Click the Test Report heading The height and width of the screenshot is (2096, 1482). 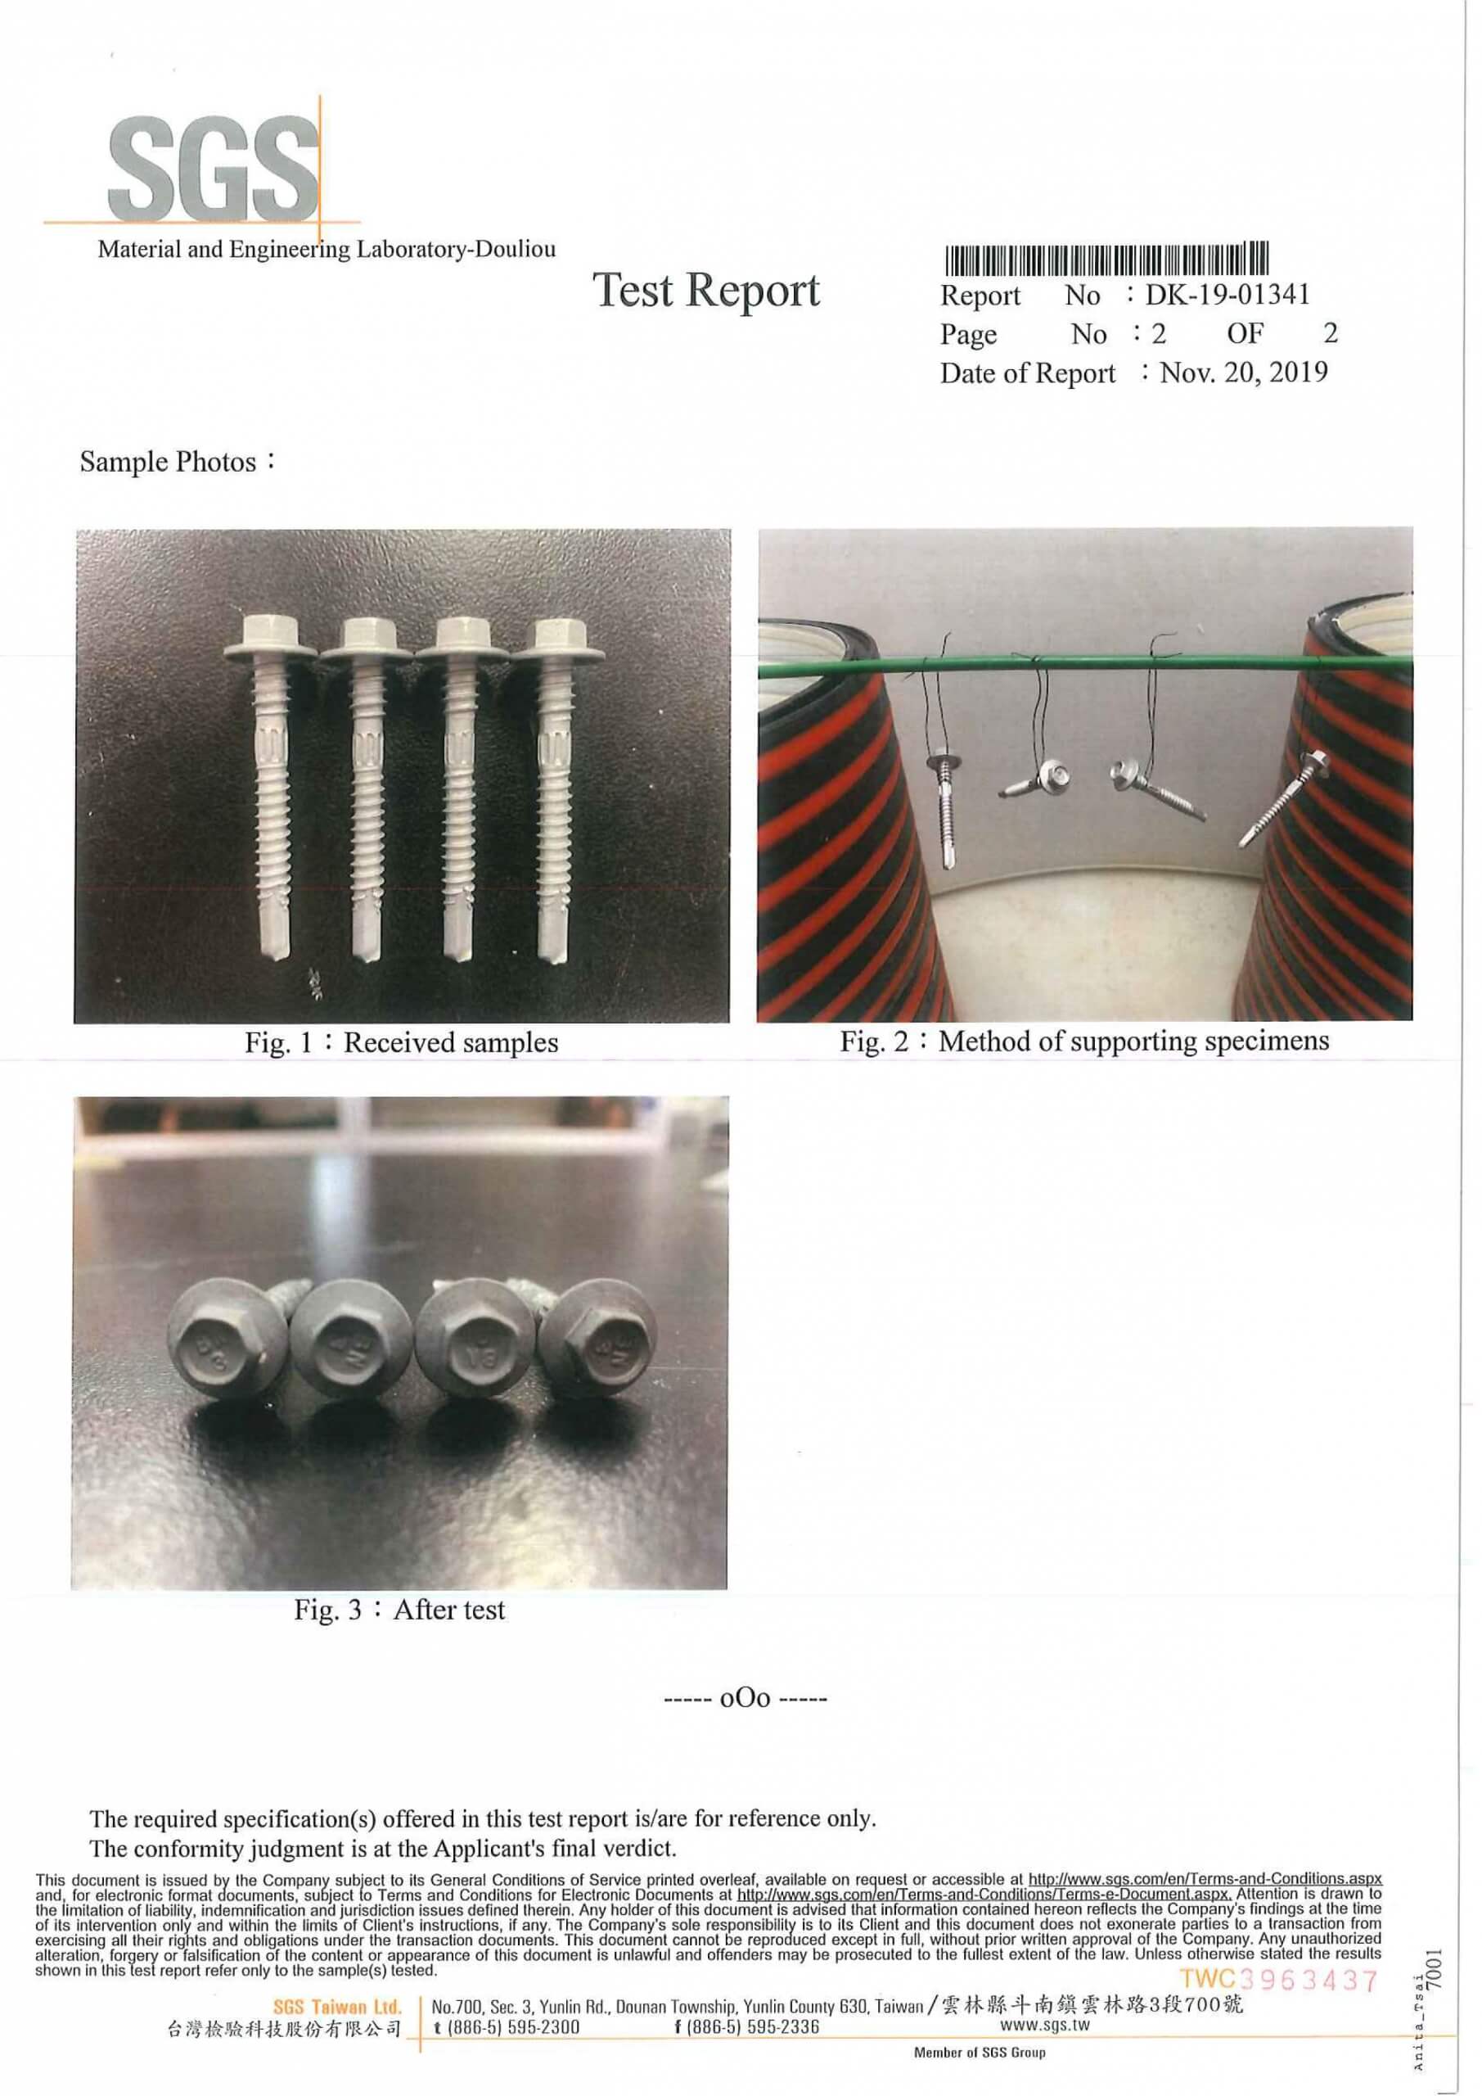pyautogui.click(x=707, y=291)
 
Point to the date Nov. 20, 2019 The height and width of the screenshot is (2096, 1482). pyautogui.click(x=1244, y=373)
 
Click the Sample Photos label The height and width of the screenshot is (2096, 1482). pyautogui.click(x=177, y=462)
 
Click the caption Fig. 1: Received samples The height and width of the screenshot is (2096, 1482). pyautogui.click(x=402, y=1042)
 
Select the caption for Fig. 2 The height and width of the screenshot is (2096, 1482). pyautogui.click(x=1084, y=1041)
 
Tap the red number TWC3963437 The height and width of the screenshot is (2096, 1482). pyautogui.click(x=1277, y=1979)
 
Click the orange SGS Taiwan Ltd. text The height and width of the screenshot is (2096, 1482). pyautogui.click(x=338, y=2008)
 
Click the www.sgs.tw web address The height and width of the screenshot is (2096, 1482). pyautogui.click(x=1045, y=2024)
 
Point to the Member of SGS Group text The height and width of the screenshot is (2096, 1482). pyautogui.click(x=980, y=2053)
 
